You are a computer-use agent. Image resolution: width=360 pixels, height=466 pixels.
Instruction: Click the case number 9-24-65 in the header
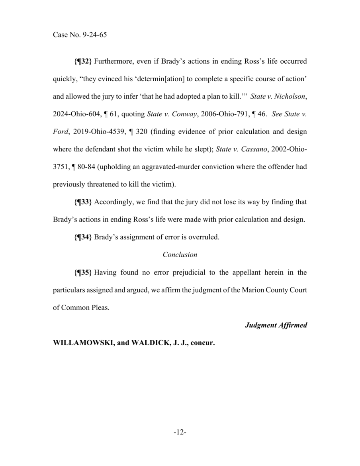pos(95,35)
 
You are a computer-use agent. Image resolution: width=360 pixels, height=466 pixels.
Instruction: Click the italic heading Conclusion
pos(180,255)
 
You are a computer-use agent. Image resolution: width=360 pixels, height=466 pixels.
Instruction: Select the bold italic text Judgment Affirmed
pos(276,325)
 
